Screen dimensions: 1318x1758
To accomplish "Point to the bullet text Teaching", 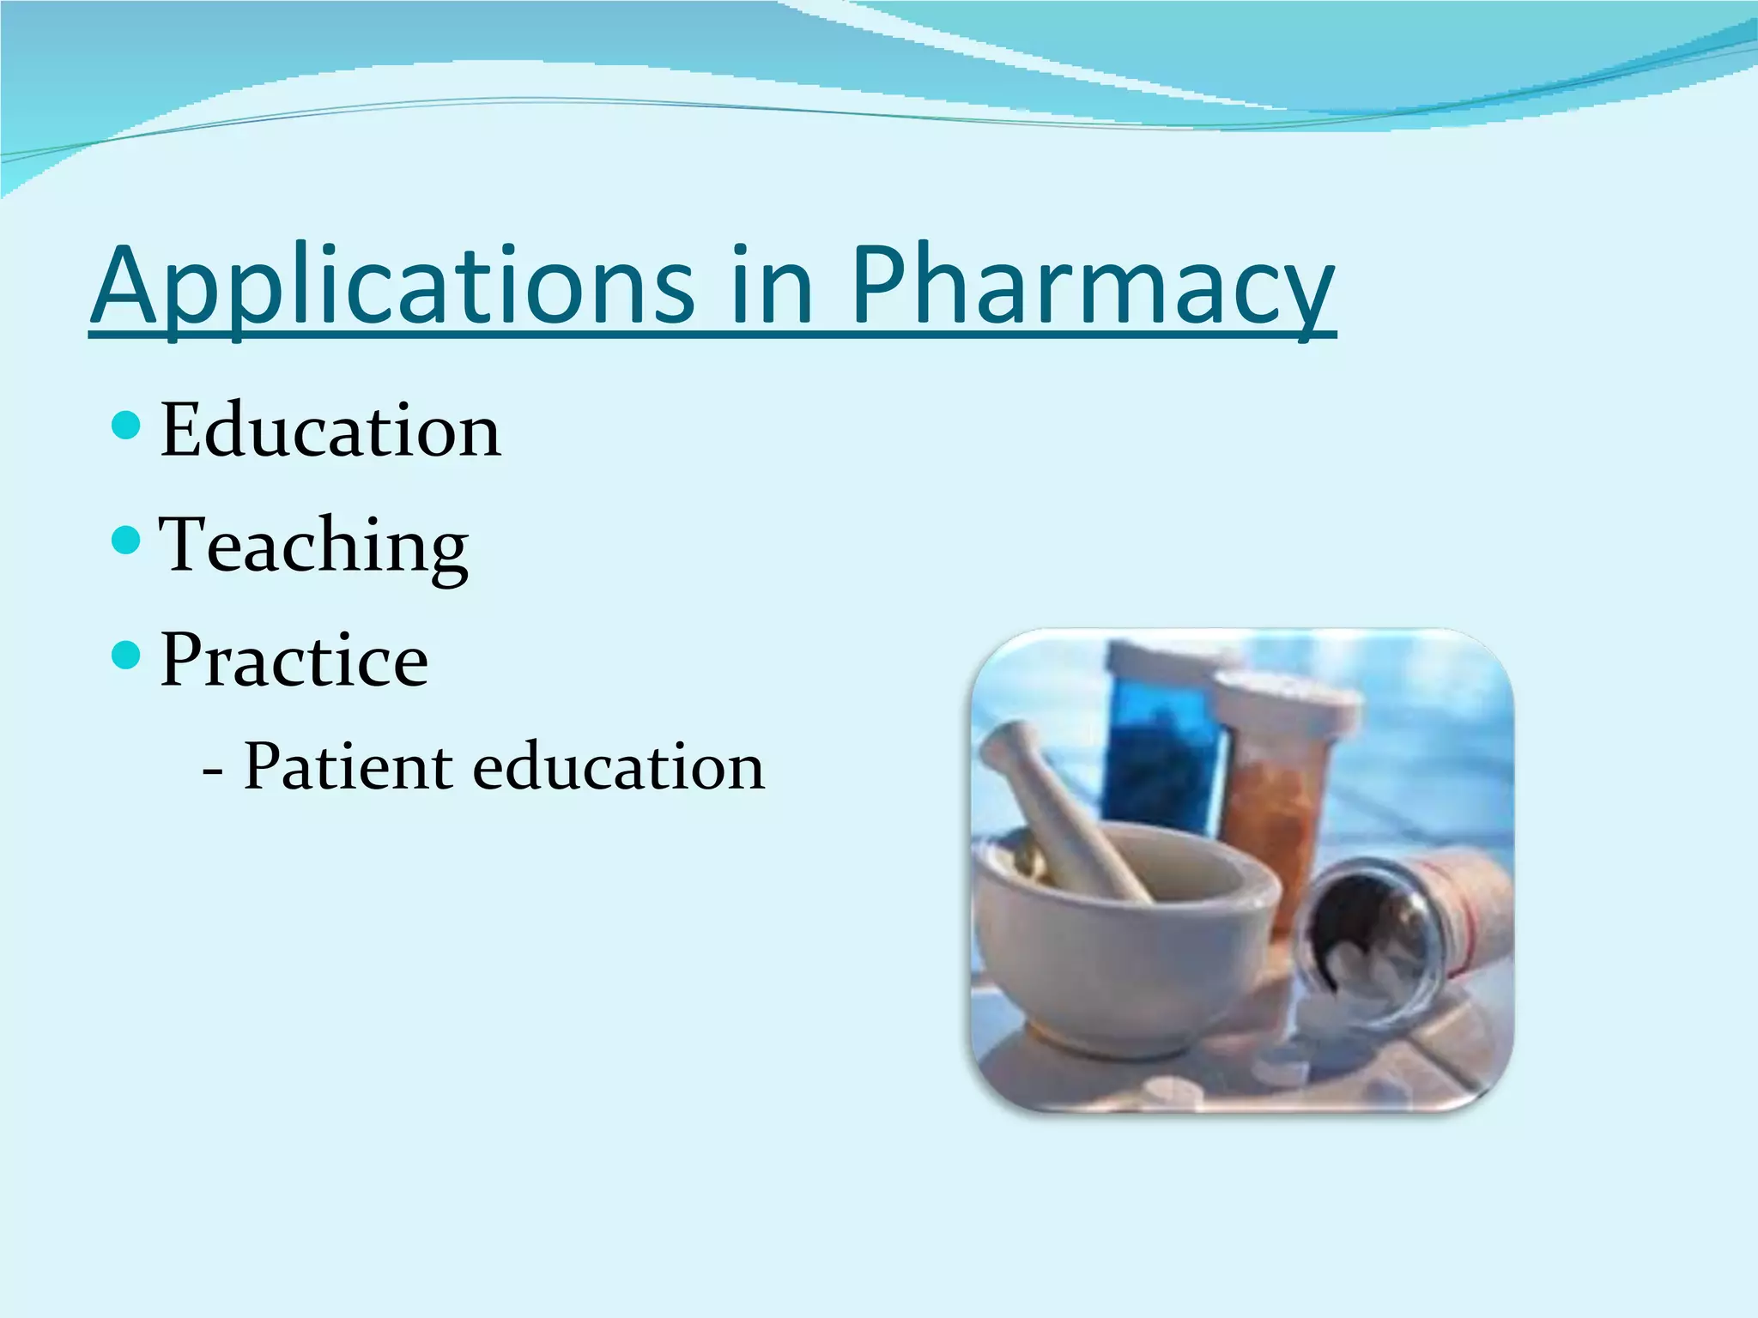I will (313, 545).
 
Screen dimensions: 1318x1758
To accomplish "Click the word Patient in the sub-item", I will (348, 765).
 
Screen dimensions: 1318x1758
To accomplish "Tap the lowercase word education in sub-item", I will (618, 765).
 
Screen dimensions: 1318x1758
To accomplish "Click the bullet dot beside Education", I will (126, 425).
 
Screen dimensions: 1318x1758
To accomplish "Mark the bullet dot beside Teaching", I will (126, 540).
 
